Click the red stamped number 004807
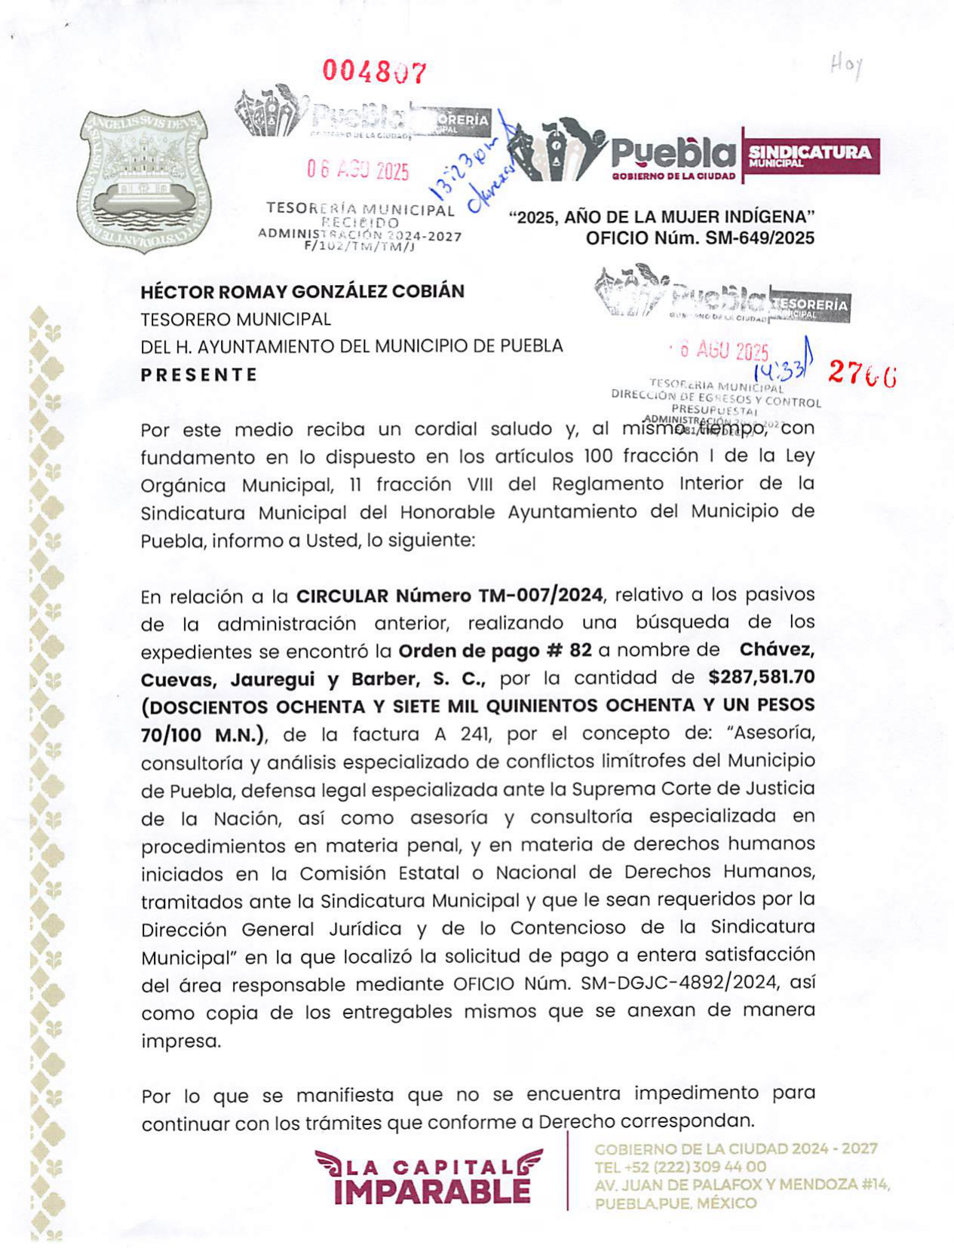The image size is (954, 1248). tap(375, 72)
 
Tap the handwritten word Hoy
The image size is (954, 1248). tap(845, 66)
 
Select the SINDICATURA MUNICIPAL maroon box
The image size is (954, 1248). tap(811, 155)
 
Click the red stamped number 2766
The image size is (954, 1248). tap(863, 373)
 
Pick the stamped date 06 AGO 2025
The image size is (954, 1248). tap(357, 170)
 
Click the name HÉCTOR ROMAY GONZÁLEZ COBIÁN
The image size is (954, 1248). tap(302, 291)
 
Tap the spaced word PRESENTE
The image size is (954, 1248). tap(199, 375)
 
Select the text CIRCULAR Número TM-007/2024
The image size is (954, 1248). tap(449, 596)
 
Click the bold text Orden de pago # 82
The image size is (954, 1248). tap(495, 651)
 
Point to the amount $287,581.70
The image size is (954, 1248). tap(762, 677)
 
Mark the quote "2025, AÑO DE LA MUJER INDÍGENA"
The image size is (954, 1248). tap(662, 217)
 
